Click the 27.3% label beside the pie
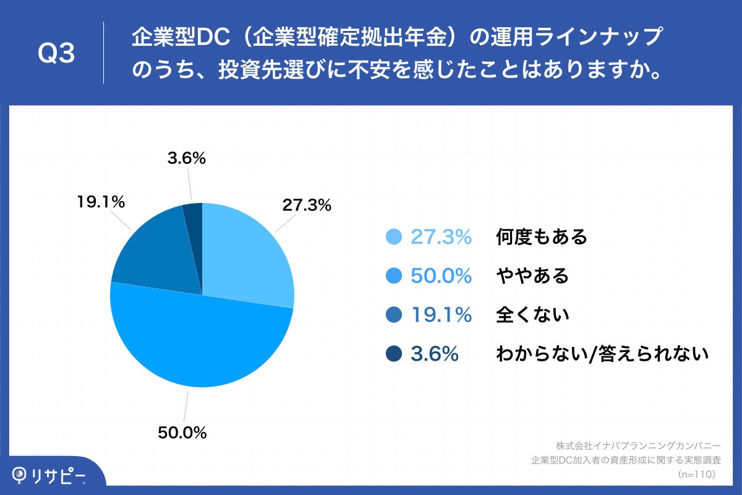pos(307,205)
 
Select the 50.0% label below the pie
pos(182,433)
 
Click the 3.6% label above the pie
pos(186,158)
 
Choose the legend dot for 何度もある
pos(393,237)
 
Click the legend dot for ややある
pos(393,276)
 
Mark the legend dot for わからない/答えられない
pos(393,354)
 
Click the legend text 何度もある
pos(541,237)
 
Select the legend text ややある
pos(532,276)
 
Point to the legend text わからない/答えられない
pos(601,354)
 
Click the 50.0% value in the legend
pos(441,276)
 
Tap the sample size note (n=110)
pos(697,474)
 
